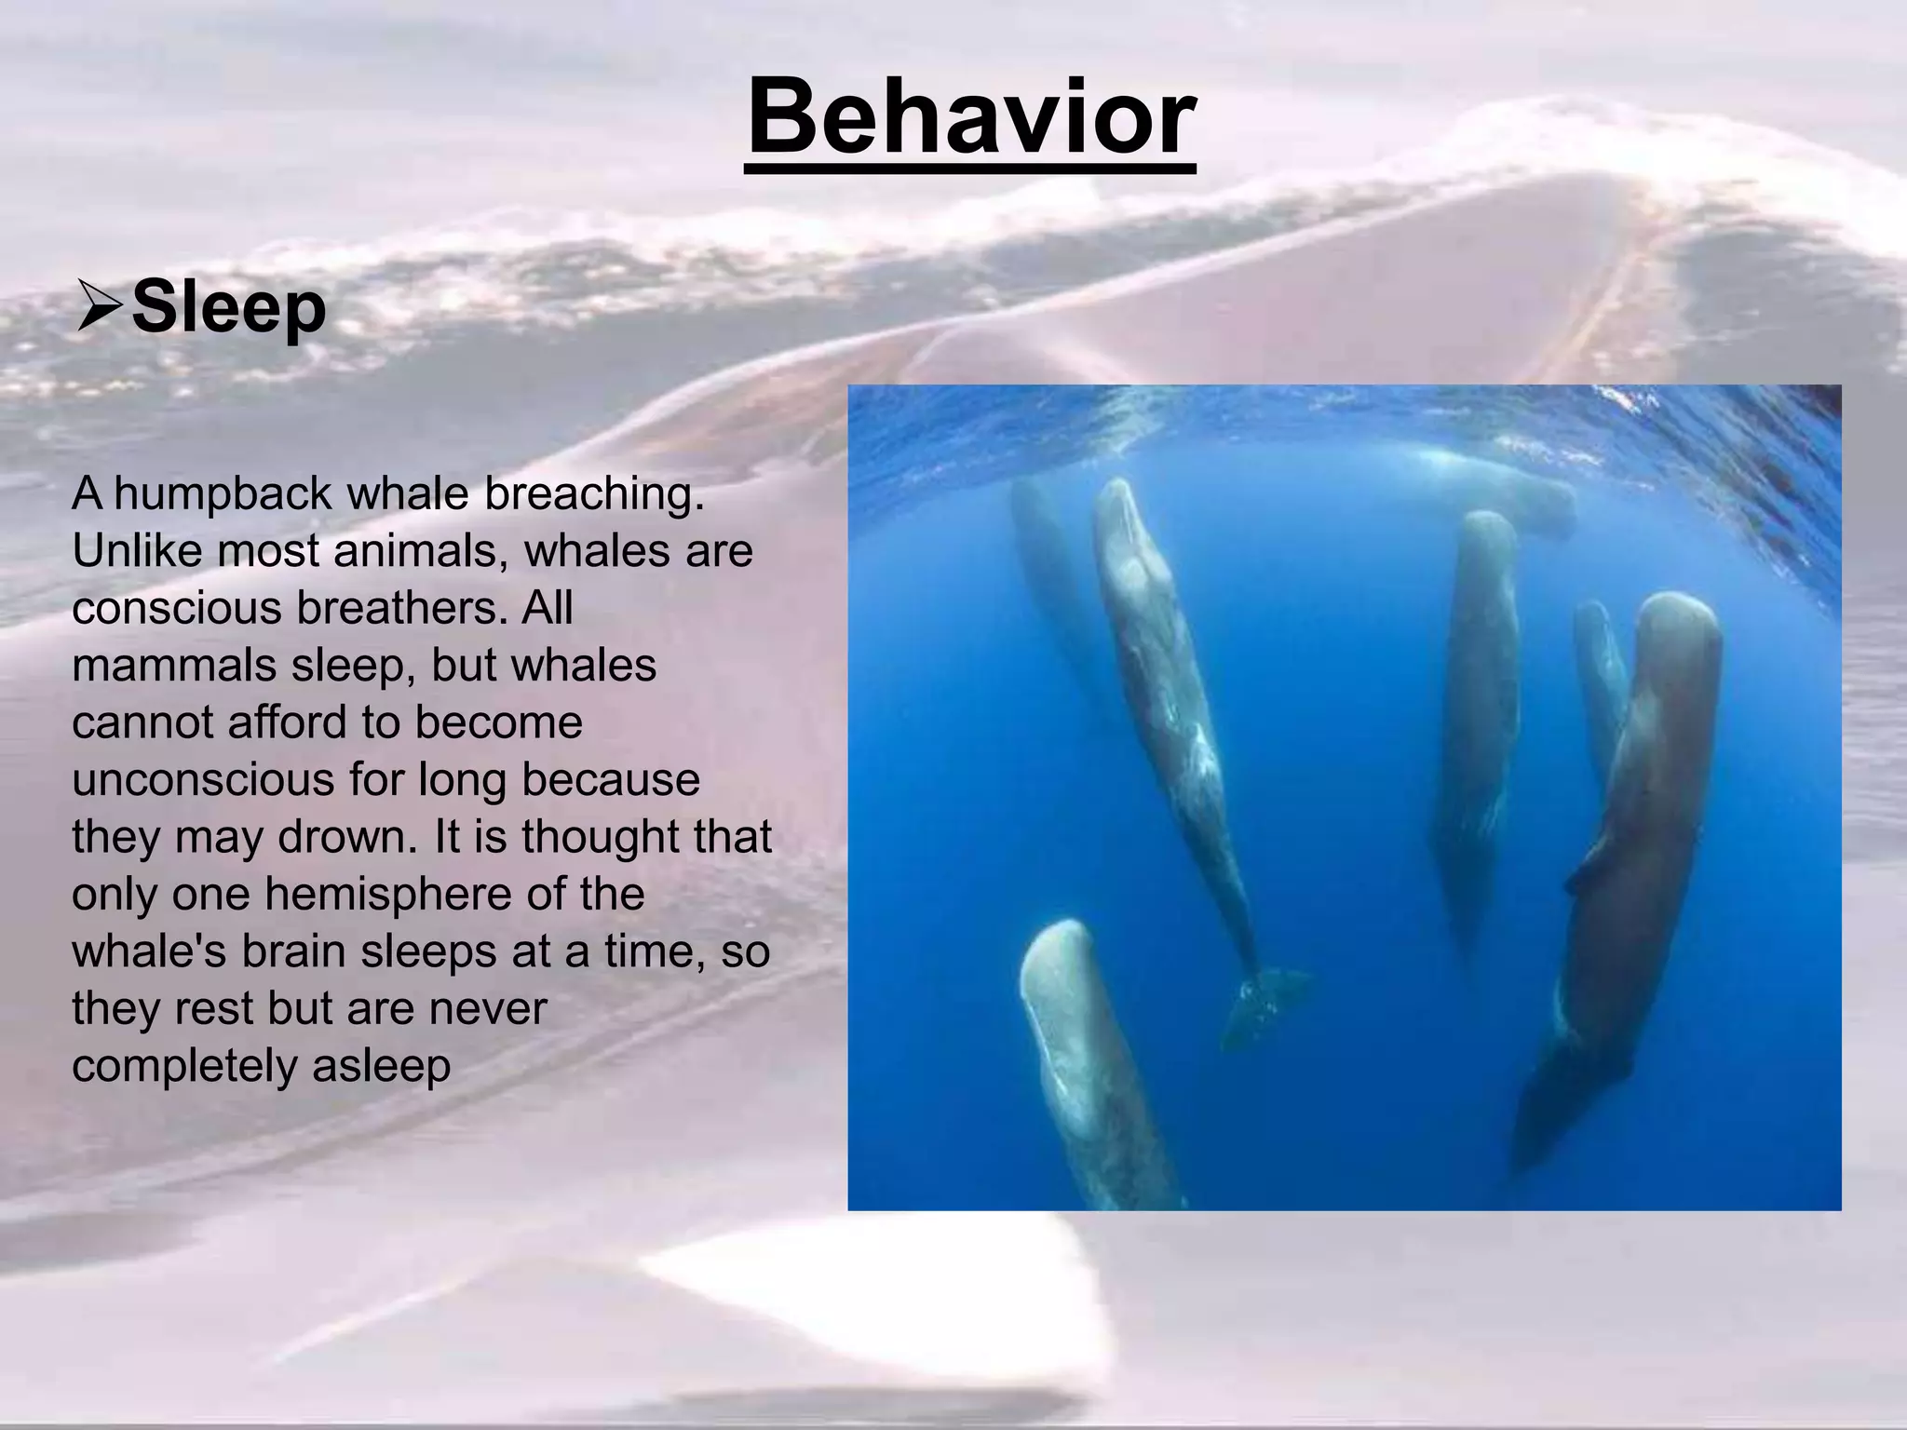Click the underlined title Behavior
(970, 119)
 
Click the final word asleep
(381, 1065)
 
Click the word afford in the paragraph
(284, 722)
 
